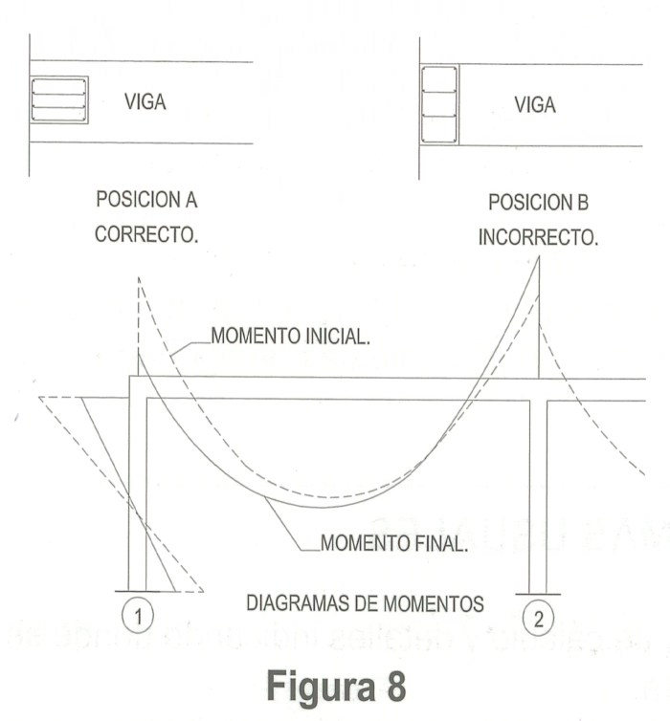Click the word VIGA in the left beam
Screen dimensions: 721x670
tap(145, 102)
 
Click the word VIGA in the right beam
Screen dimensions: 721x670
tap(535, 104)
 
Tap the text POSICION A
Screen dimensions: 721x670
tap(147, 202)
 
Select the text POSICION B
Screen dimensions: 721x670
tap(539, 205)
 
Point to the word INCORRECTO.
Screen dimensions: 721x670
tap(539, 236)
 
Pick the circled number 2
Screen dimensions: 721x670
tap(538, 619)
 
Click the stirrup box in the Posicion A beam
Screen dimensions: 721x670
tap(58, 99)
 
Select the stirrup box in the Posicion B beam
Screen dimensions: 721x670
tap(439, 104)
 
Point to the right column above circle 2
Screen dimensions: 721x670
tap(538, 488)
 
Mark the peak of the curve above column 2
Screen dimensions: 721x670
tap(538, 260)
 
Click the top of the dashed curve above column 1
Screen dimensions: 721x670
tap(139, 278)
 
